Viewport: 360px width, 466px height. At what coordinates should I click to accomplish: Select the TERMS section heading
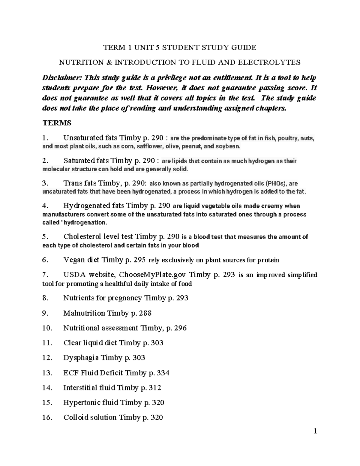(x=57, y=123)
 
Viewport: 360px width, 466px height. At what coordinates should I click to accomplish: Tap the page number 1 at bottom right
(x=315, y=431)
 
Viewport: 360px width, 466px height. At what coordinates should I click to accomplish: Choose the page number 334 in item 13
(x=163, y=373)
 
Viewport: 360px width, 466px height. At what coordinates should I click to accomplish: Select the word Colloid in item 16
(x=75, y=417)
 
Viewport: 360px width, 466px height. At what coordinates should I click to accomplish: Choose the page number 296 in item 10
(x=181, y=328)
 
